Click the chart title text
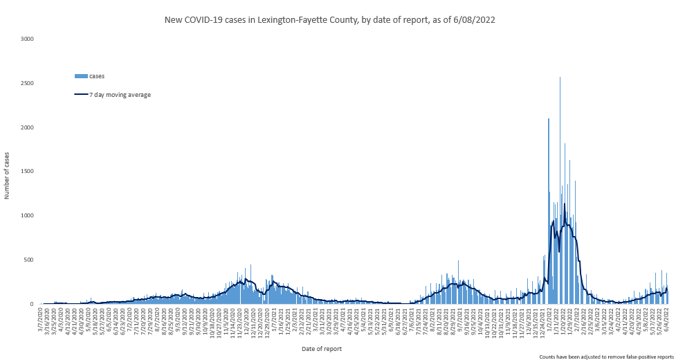coord(329,20)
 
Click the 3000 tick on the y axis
coord(27,39)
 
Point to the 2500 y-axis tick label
coord(27,83)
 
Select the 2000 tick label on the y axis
coord(27,127)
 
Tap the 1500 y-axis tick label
coord(27,171)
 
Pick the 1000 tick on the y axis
coord(27,215)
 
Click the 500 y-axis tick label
coord(29,260)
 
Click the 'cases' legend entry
coord(96,75)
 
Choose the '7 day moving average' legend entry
coord(120,95)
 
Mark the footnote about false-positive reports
coord(606,356)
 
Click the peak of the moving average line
coord(565,204)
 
